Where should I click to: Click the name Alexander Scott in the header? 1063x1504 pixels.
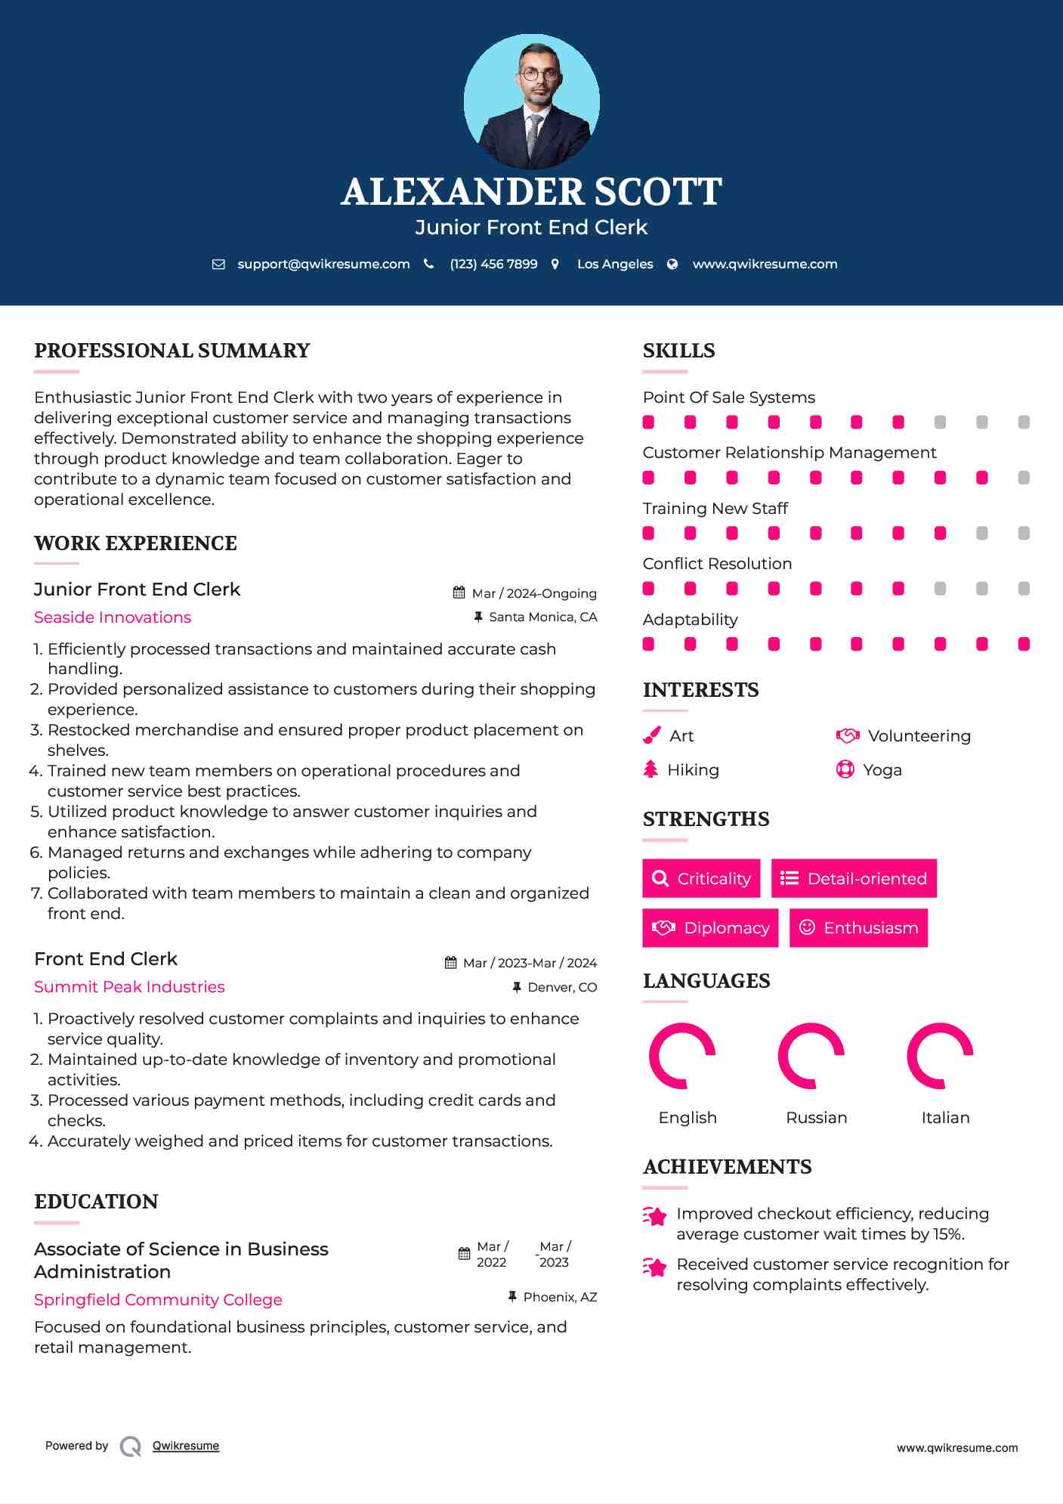[x=531, y=192]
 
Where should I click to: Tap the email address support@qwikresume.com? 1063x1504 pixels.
[x=323, y=265]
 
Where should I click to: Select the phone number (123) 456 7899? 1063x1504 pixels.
[x=493, y=265]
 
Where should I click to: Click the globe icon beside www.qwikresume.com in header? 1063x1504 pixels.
[x=672, y=265]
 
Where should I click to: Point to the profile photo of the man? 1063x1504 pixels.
[x=532, y=101]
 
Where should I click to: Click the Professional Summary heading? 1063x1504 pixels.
[x=172, y=351]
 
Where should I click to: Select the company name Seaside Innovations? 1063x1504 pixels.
[x=113, y=617]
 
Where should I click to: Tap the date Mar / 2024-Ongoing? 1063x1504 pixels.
[x=534, y=593]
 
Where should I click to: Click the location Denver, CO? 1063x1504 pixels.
[x=562, y=987]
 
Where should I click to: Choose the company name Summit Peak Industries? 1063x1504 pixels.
[x=129, y=987]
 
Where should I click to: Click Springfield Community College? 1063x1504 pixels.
[x=158, y=1300]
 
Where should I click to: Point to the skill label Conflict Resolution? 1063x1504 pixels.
[x=717, y=564]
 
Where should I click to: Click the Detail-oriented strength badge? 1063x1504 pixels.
[x=854, y=878]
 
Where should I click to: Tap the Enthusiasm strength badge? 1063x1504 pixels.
[x=858, y=928]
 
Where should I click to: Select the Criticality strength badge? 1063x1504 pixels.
[x=701, y=878]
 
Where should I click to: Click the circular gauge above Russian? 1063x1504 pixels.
[x=811, y=1056]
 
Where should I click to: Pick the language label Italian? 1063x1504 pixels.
[x=945, y=1118]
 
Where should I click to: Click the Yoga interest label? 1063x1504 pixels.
[x=882, y=770]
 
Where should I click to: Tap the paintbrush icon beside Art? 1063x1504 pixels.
[x=651, y=736]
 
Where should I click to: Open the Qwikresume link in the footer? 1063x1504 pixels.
[x=186, y=1446]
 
